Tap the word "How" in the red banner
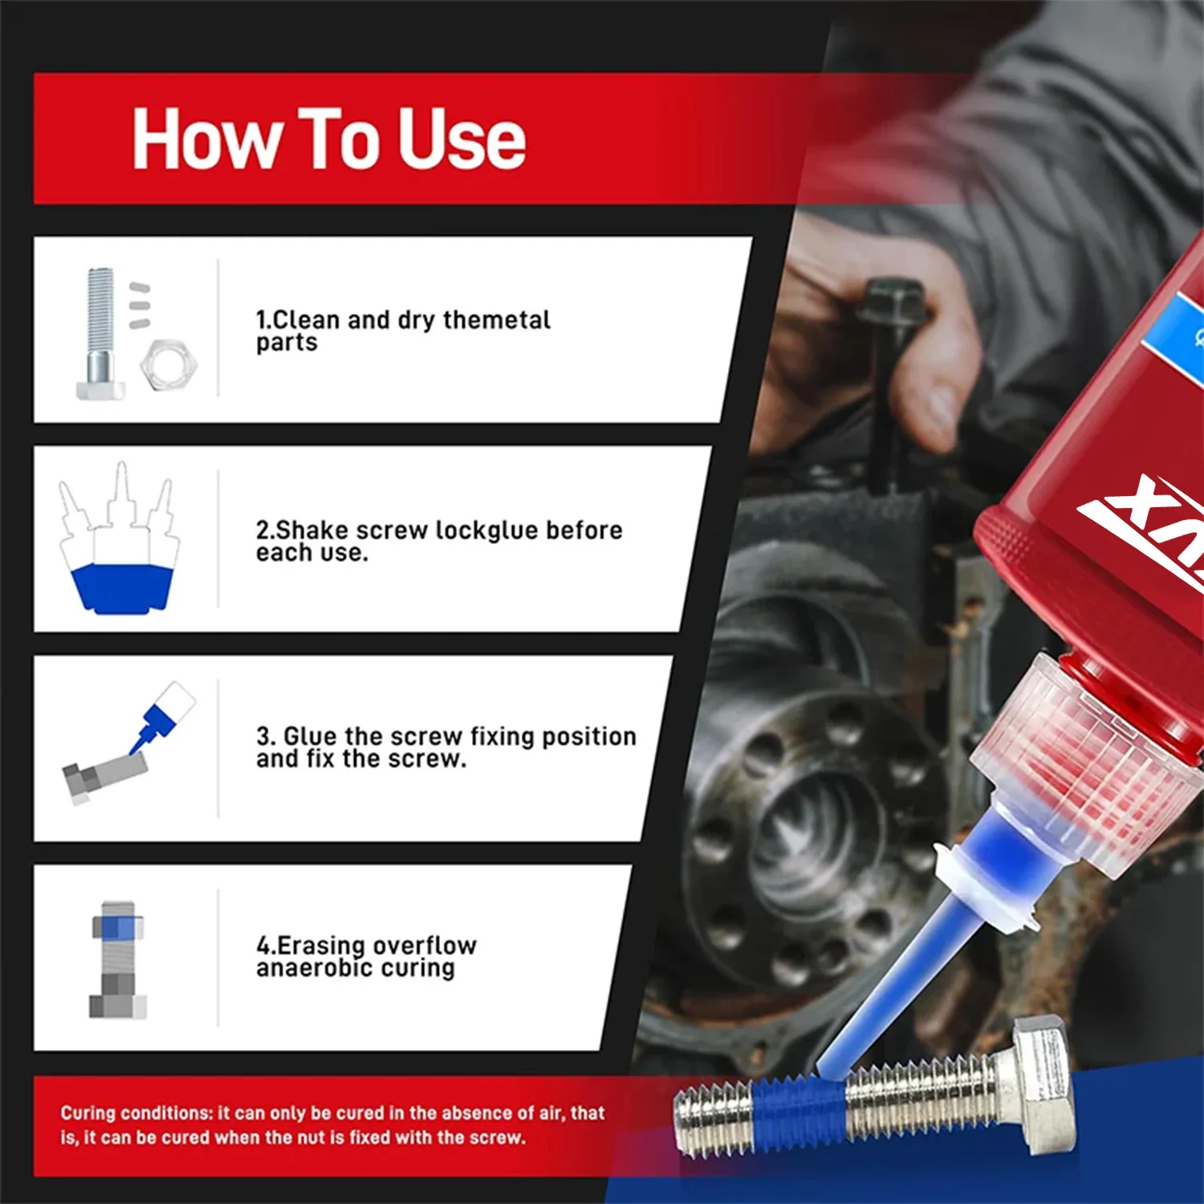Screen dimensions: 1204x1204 (x=205, y=140)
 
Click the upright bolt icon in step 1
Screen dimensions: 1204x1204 (x=100, y=333)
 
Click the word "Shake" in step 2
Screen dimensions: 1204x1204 (x=313, y=531)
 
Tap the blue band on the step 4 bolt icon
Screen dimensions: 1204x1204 (x=117, y=928)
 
